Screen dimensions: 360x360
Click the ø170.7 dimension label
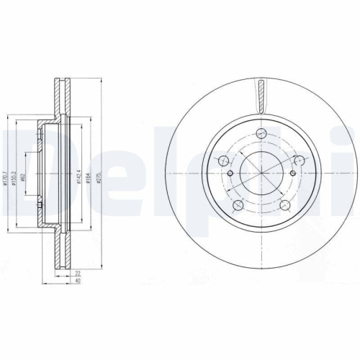click(x=6, y=175)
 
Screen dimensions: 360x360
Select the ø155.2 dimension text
click(x=15, y=175)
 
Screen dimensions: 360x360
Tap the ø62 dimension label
click(x=25, y=175)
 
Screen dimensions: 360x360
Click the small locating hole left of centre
click(x=230, y=174)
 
